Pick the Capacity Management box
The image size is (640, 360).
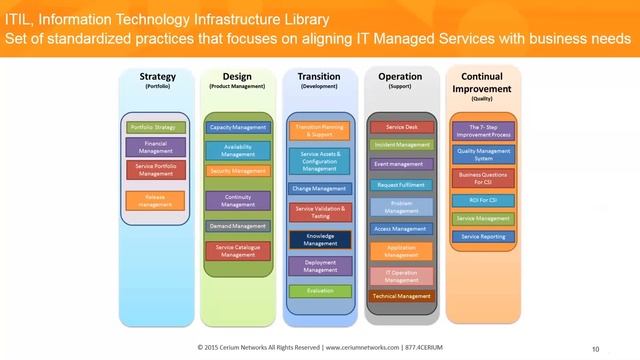point(237,128)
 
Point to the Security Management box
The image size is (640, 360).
point(237,171)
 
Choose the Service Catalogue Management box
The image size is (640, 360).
point(237,251)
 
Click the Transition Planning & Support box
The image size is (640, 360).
point(319,131)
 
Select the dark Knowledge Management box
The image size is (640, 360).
point(319,240)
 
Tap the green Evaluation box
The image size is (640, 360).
point(319,290)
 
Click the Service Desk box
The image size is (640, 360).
point(401,127)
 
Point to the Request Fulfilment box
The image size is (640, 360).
point(401,185)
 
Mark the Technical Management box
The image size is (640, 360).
point(401,296)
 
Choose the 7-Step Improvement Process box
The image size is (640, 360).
point(482,131)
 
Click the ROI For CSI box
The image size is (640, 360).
point(482,198)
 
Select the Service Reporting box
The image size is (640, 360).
point(482,236)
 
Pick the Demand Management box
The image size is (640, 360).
point(237,226)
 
